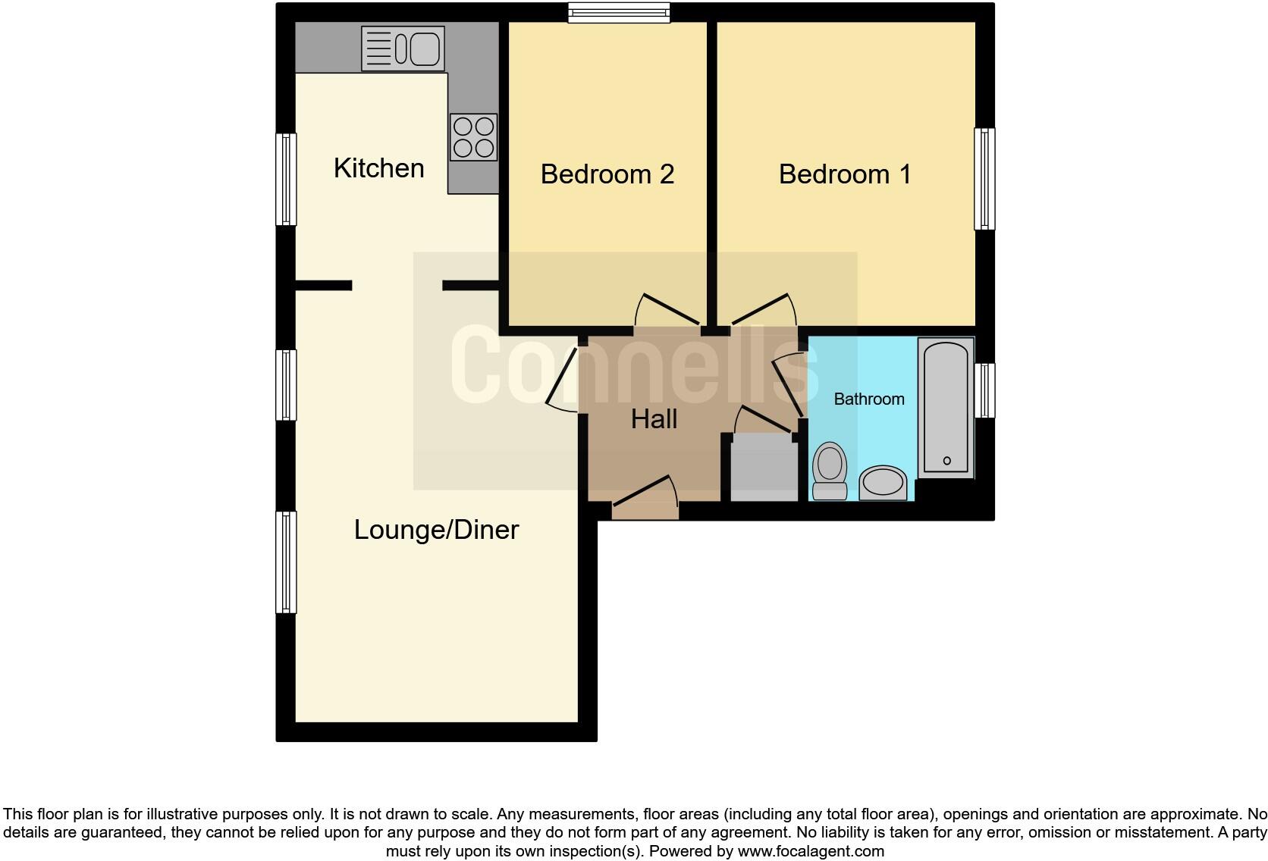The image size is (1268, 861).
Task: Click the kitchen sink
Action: pos(403,49)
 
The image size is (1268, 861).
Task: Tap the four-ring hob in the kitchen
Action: pos(473,137)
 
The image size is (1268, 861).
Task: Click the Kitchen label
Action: pos(378,168)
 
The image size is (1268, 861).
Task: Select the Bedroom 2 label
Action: pos(607,174)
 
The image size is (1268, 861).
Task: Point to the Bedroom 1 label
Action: pos(844,174)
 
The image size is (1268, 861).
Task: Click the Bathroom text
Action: pos(868,399)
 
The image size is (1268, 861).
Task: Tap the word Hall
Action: pos(654,419)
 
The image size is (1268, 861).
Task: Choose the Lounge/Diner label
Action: pos(436,530)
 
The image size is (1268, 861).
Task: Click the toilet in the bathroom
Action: pos(829,470)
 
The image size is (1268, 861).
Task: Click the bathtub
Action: pos(946,407)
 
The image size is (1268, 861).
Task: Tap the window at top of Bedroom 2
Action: pos(620,12)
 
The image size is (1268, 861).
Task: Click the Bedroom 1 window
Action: pos(984,179)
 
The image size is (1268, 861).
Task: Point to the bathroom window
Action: pos(984,390)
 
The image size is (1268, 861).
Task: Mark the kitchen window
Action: pos(286,180)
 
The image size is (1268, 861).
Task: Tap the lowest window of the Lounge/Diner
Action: pos(286,562)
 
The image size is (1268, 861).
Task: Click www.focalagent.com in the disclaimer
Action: pos(811,851)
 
